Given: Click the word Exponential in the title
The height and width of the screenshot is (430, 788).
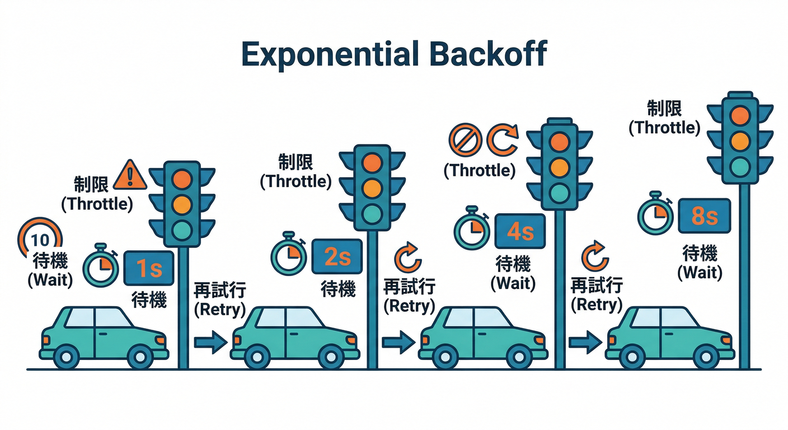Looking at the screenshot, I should (329, 54).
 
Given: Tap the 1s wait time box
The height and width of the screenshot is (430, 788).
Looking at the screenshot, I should (148, 269).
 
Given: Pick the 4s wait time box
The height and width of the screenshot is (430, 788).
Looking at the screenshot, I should (520, 231).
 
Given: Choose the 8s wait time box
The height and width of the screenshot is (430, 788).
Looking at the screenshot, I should (704, 216).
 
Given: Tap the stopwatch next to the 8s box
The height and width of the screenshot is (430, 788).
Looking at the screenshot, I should (656, 213).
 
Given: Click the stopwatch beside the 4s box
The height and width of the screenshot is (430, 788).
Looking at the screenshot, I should (472, 228).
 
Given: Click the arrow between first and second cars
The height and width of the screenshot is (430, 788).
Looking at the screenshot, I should (210, 341).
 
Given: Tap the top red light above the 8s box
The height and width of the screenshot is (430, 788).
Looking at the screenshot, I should (740, 116).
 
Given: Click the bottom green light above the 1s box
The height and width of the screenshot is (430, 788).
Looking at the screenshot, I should (181, 230).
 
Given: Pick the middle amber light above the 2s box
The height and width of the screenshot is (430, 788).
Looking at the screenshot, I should (372, 188).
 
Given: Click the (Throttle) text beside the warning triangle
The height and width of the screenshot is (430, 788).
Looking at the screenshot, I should (97, 204).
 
